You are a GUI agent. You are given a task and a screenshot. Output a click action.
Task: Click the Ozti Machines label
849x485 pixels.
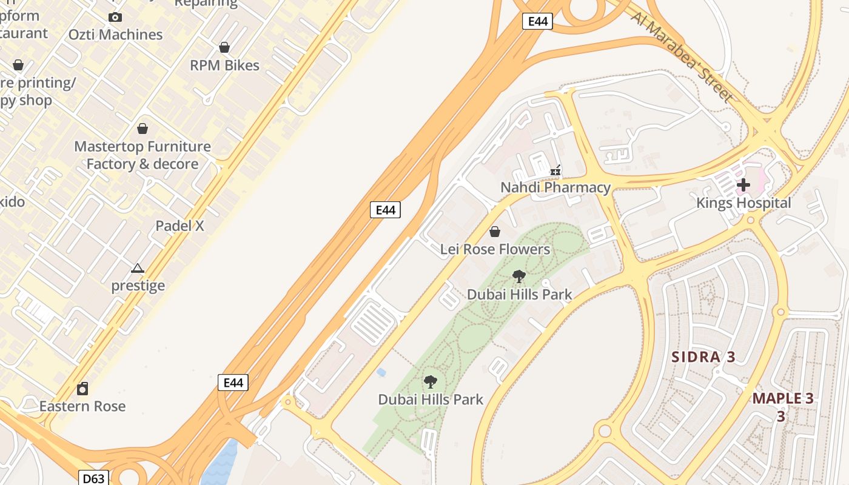tap(115, 35)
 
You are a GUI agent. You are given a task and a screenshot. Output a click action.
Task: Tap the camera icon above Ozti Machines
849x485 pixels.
tap(115, 17)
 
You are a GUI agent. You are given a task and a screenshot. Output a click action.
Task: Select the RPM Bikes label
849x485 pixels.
tap(224, 65)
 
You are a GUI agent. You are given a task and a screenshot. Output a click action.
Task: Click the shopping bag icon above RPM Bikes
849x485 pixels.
tap(224, 47)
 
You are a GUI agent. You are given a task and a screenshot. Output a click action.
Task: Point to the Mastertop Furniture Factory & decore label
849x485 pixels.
tap(143, 155)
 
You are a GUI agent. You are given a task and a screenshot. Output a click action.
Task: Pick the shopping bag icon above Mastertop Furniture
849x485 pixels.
tap(143, 129)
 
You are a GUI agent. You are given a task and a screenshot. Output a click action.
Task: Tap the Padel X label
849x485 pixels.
tap(180, 226)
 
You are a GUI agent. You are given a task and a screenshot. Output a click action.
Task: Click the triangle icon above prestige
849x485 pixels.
tap(138, 268)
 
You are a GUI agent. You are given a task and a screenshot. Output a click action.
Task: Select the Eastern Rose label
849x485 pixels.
tap(82, 406)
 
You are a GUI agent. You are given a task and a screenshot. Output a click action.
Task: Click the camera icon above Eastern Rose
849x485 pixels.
tap(82, 388)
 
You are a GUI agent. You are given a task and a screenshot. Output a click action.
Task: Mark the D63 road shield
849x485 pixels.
tap(93, 478)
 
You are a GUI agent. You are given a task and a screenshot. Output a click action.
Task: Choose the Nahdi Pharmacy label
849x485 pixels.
tap(555, 188)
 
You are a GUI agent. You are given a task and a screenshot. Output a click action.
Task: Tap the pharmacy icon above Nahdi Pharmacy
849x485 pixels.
tap(555, 171)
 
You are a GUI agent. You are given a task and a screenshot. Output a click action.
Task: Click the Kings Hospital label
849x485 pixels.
tap(743, 203)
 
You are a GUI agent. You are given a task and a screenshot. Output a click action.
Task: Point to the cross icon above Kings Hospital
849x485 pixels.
tap(743, 185)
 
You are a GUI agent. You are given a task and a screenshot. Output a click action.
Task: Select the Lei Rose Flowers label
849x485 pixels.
tap(495, 249)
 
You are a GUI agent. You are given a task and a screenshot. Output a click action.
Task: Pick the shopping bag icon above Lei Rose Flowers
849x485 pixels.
tap(495, 232)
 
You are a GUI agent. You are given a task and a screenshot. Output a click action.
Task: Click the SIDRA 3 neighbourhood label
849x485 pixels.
tap(703, 357)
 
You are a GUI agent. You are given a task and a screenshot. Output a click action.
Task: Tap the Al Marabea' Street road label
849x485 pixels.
tap(682, 56)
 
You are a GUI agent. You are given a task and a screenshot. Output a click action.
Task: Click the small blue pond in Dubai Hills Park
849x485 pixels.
tap(381, 372)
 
